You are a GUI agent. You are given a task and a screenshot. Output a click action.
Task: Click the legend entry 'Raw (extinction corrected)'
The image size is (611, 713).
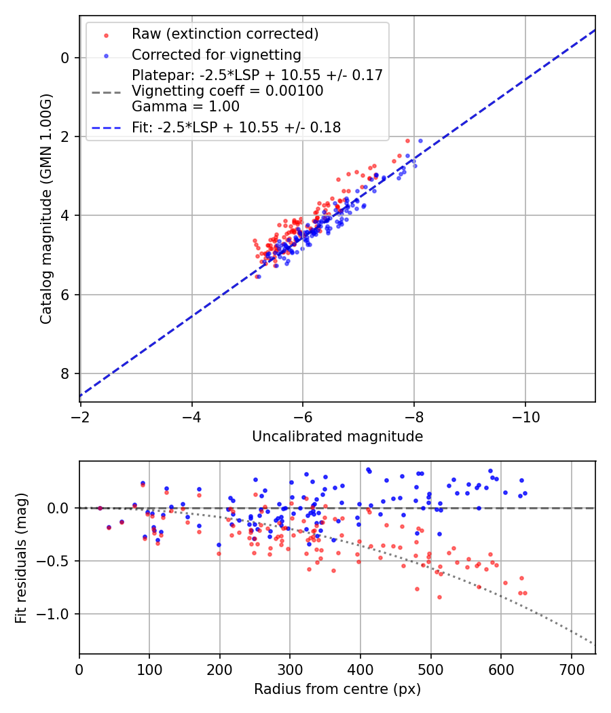[x=225, y=34]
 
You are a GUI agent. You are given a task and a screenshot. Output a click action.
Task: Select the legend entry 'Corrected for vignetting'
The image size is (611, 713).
[x=217, y=54]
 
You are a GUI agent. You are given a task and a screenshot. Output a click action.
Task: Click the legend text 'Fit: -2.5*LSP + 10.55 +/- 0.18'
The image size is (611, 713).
[x=236, y=127]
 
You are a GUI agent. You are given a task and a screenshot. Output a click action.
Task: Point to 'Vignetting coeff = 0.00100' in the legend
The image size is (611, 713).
[x=227, y=91]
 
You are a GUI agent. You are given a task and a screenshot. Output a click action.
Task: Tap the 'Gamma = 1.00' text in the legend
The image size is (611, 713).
[x=185, y=107]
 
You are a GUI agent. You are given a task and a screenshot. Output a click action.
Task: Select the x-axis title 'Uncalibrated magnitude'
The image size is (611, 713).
[x=337, y=437]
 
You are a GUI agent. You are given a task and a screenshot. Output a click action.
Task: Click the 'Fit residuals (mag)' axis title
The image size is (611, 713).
[x=20, y=557]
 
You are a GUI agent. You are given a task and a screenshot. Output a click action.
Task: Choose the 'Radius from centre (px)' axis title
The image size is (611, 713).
[x=337, y=689]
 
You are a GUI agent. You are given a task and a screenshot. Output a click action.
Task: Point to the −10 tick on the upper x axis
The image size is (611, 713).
[x=525, y=416]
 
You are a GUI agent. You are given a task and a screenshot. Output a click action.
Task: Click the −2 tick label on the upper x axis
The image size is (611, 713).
[x=81, y=416]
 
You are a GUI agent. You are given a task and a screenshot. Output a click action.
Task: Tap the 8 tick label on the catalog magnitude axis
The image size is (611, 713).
[x=65, y=373]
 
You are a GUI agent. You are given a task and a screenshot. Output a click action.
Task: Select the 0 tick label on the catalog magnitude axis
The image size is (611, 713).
[x=65, y=58]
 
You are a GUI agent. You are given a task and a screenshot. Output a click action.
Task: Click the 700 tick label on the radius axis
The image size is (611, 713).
[x=571, y=668]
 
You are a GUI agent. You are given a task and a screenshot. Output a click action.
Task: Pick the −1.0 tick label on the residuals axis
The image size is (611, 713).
[x=56, y=614]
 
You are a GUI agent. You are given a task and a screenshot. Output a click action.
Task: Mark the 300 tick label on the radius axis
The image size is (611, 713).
[x=290, y=668]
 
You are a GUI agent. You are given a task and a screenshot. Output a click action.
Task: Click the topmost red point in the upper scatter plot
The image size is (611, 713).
[x=407, y=141]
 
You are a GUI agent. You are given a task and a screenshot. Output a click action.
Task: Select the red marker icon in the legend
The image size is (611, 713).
[x=106, y=35]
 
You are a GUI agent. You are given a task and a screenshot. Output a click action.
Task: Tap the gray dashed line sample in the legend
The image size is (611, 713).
[x=106, y=91]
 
